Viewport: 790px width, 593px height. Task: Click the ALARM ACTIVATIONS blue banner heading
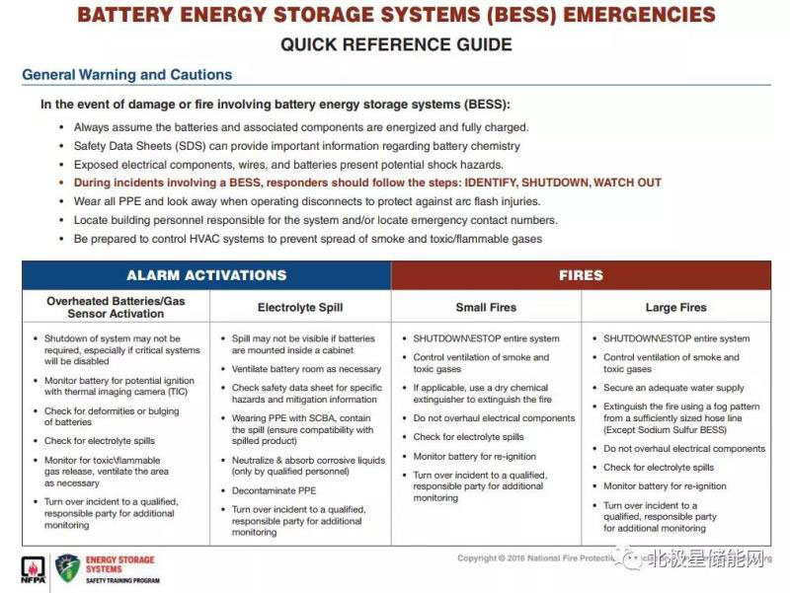coord(206,275)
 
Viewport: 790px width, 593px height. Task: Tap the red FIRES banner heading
coord(581,275)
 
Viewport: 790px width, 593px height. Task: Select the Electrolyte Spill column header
coord(300,307)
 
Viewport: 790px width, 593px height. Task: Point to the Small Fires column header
coord(486,307)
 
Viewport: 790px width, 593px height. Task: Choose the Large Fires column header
coord(675,307)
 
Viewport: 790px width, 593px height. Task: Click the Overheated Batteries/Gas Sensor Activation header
coord(117,307)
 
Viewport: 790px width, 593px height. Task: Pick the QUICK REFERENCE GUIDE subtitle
coord(396,44)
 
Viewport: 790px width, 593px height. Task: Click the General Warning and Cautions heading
coord(127,75)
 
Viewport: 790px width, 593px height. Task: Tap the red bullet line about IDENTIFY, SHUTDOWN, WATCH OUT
coord(367,183)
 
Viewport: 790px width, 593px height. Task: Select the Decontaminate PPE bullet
coord(274,490)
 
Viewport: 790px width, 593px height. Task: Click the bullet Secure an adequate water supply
coord(673,388)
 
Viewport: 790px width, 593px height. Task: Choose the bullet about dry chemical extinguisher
coord(482,394)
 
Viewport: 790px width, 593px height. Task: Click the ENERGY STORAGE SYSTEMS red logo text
coord(120,564)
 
